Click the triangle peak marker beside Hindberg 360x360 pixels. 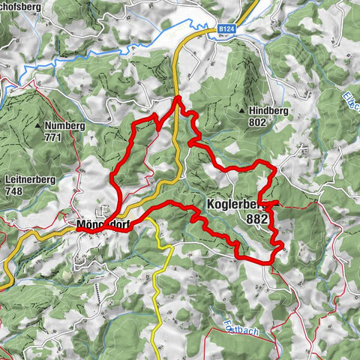click(x=242, y=110)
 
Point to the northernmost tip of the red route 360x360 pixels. click(x=177, y=97)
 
